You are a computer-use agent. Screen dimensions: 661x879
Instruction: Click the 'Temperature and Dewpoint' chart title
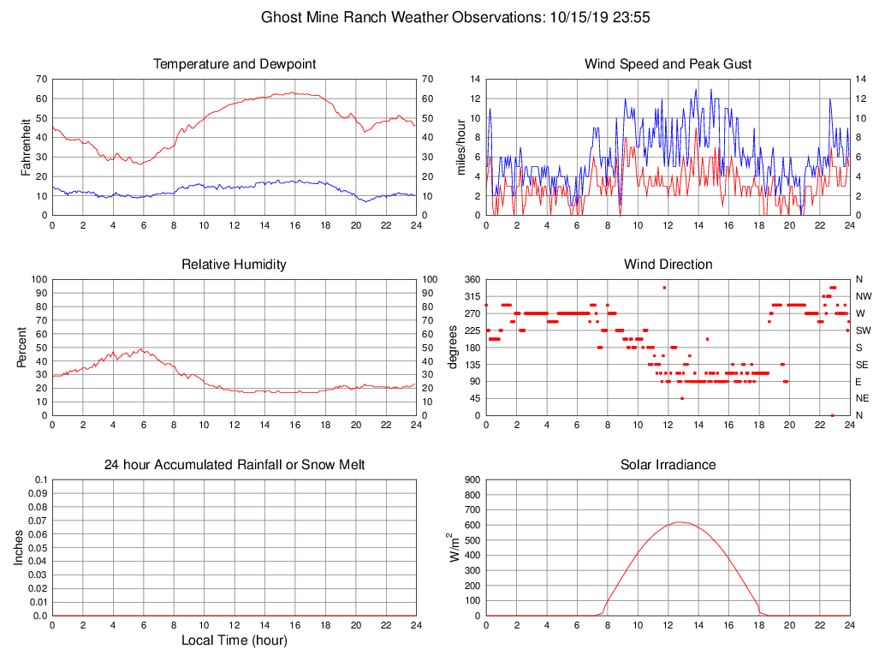(235, 64)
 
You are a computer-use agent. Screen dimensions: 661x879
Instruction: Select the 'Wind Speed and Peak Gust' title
(668, 64)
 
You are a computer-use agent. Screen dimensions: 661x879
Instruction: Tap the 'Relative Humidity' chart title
(234, 265)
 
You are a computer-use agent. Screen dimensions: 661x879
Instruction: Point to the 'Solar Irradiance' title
(668, 465)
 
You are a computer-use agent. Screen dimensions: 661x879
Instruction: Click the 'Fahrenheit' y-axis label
(26, 147)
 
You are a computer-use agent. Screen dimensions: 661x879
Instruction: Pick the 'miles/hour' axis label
(461, 147)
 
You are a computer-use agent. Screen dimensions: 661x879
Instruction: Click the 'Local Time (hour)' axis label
(235, 640)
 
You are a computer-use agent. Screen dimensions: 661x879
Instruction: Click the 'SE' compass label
(860, 365)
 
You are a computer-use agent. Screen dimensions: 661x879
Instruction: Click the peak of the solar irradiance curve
(677, 522)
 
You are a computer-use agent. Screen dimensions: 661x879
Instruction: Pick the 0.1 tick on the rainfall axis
(39, 480)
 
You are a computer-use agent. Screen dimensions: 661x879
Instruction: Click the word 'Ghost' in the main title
(280, 17)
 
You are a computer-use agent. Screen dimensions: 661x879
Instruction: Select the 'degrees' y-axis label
(453, 348)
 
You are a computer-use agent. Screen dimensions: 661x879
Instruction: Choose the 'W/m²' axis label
(456, 548)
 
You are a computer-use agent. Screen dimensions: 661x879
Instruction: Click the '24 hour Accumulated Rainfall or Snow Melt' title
(235, 465)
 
